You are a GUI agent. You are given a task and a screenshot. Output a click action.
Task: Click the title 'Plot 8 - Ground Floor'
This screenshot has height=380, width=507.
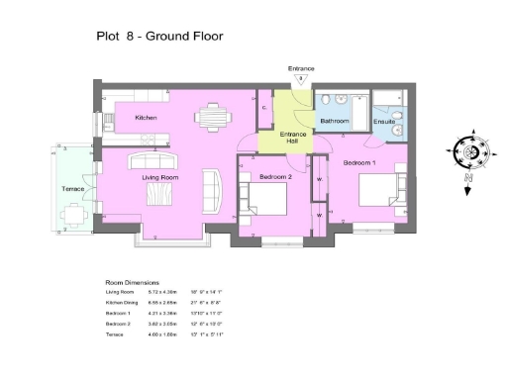[x=158, y=37]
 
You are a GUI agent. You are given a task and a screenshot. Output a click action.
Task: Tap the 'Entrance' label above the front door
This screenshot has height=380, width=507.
[x=301, y=68]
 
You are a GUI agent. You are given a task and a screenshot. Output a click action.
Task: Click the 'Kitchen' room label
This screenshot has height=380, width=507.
[x=147, y=118]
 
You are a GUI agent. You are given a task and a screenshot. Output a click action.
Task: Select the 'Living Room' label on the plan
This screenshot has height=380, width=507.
[x=158, y=177]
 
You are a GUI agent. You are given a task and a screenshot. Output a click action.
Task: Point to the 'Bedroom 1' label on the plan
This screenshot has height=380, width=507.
[x=359, y=160]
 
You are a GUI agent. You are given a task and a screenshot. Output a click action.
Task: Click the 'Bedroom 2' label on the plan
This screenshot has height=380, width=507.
[x=273, y=177]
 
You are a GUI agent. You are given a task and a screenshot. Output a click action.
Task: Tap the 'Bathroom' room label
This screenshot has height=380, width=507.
[x=335, y=121]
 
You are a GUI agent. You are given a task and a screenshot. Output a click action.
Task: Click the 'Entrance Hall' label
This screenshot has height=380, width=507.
[x=293, y=137]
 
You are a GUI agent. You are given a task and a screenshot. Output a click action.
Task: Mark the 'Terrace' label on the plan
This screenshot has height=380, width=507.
[x=73, y=187]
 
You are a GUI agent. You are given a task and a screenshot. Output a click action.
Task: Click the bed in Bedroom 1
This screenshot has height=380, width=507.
[x=374, y=189]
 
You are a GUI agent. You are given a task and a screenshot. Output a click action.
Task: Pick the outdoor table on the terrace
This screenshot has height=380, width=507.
[x=71, y=212]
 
